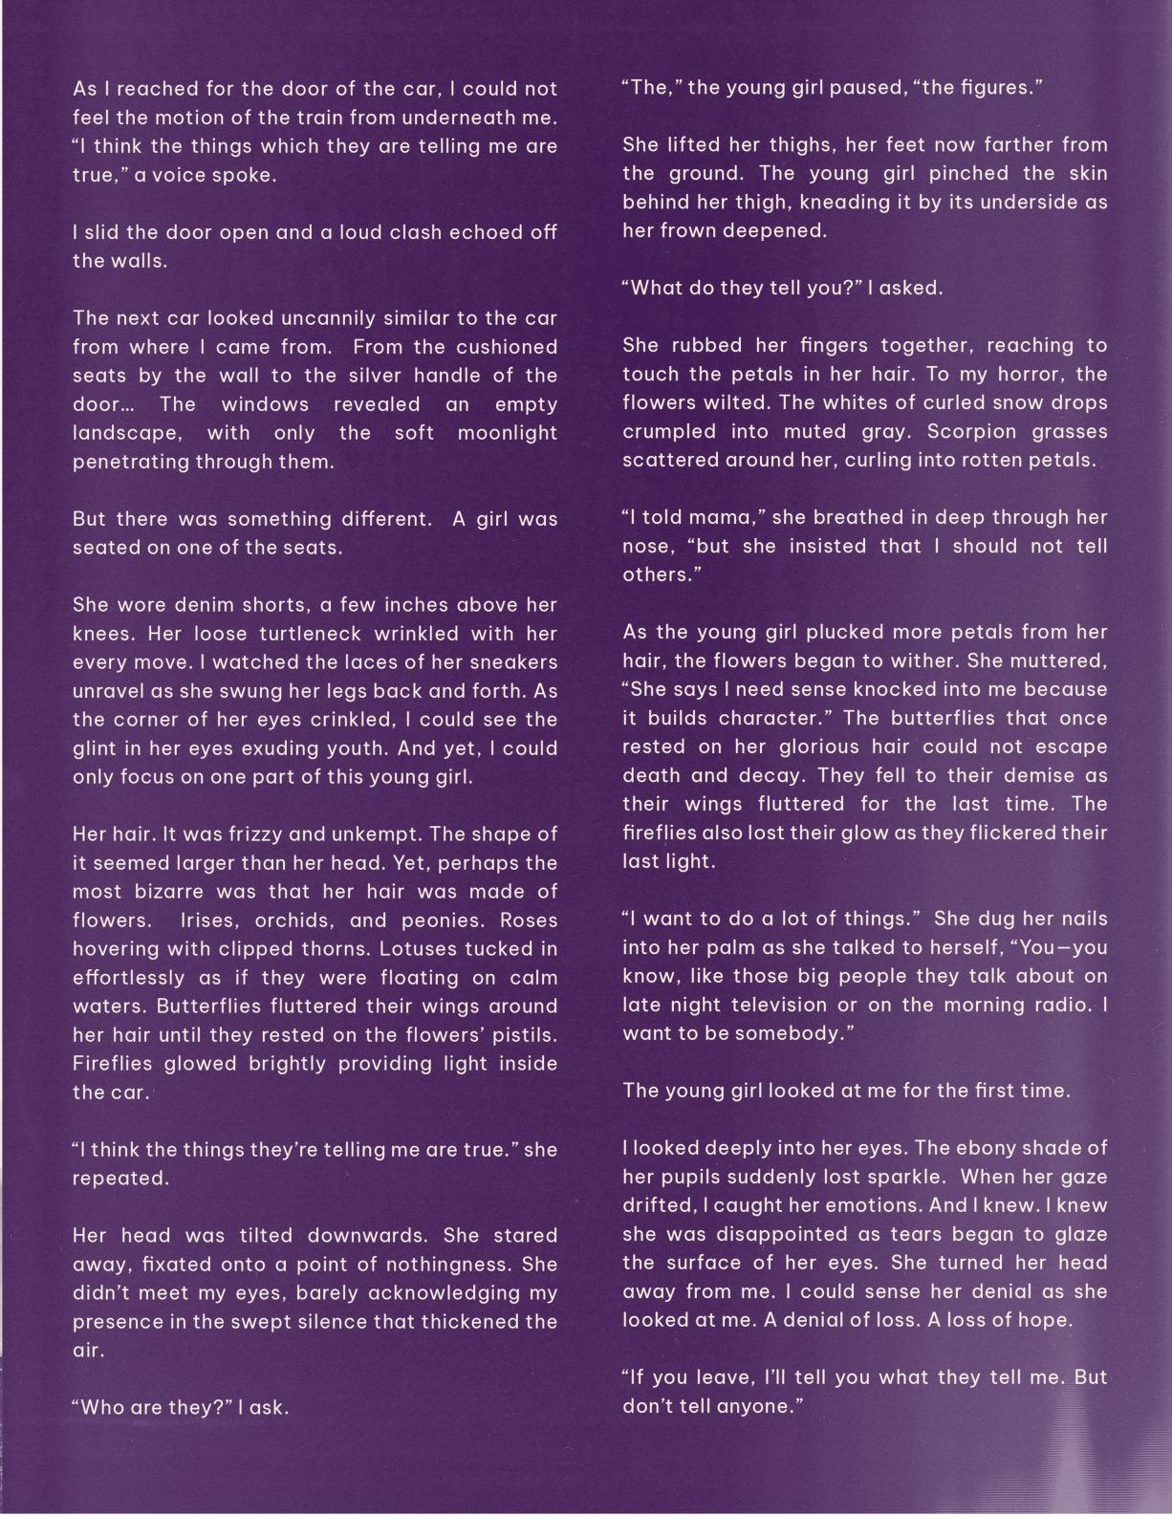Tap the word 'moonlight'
507,433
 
